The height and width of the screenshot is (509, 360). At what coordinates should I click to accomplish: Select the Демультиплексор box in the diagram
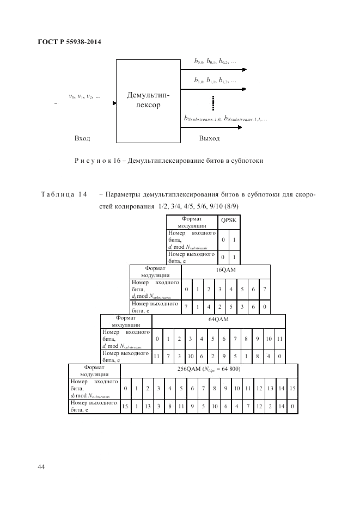point(144,100)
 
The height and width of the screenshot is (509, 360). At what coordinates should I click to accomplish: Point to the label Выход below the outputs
point(210,138)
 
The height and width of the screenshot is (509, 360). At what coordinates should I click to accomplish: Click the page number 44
point(41,467)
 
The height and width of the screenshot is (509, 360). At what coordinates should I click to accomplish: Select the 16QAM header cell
point(225,271)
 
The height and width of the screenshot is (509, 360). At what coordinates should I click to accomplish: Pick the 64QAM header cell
point(218,320)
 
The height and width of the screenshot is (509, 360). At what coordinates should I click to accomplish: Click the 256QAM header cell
point(209,370)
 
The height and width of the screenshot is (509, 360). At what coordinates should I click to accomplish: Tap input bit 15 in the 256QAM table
point(292,388)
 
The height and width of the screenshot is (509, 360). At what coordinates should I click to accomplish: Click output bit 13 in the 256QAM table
point(147,406)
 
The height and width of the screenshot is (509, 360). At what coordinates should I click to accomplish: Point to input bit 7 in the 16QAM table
point(264,289)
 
